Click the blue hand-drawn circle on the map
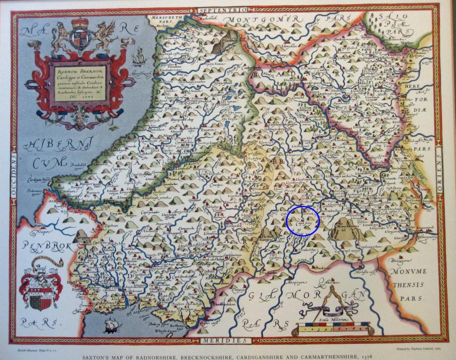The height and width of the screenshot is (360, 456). click(x=303, y=221)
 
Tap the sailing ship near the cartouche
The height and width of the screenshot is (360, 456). click(x=138, y=55)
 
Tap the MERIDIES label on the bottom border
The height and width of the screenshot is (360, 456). click(x=224, y=340)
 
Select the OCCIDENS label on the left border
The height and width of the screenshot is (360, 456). click(x=15, y=174)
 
